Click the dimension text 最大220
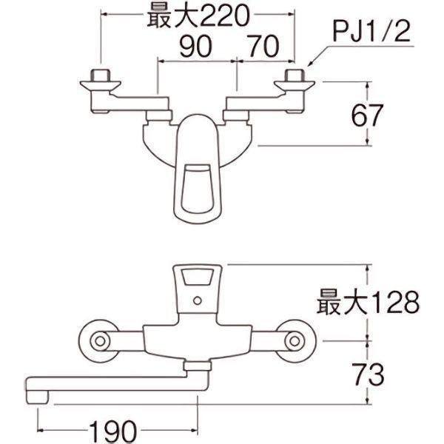point(198,16)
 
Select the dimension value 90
point(196,46)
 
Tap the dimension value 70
point(263,46)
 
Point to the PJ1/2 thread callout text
point(371,32)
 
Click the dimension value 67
point(367,115)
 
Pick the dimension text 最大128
point(368,302)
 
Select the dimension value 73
point(368,374)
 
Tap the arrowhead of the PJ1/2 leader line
point(309,64)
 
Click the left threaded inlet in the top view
point(100,75)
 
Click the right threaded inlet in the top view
point(295,75)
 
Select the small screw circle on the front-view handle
point(198,300)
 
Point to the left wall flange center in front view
point(100,341)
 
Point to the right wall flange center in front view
point(295,341)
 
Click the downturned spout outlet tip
point(38,397)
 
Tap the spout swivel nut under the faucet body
point(198,366)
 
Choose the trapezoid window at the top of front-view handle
point(198,276)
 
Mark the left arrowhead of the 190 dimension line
point(40,431)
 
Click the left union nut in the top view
point(159,115)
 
